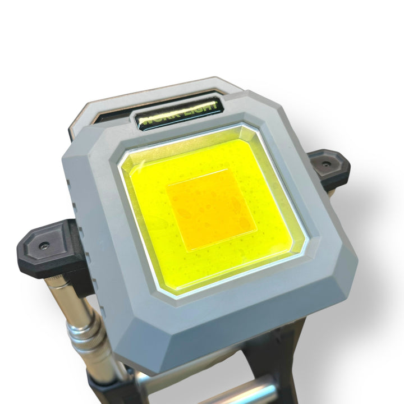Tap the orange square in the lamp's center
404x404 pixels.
[x=212, y=209]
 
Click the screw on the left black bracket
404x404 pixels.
[x=44, y=245]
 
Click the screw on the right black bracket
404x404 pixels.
[x=326, y=164]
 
